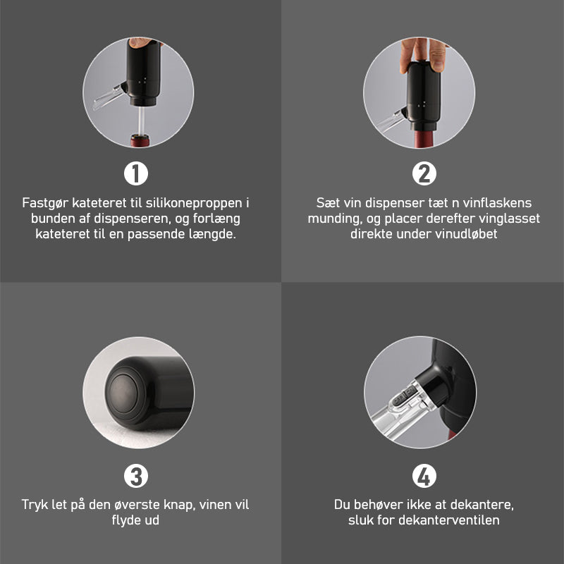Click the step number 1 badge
(x=136, y=173)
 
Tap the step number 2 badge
(x=424, y=173)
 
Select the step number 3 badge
(x=136, y=476)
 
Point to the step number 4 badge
(x=424, y=476)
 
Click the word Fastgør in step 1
(x=45, y=203)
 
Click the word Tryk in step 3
(x=35, y=505)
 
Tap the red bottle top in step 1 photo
(x=140, y=140)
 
